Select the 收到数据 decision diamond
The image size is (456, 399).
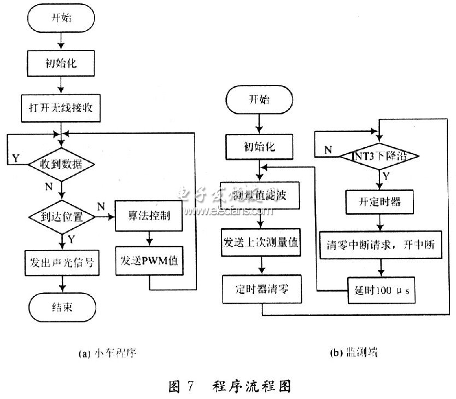[62, 163]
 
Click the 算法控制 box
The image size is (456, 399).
[149, 216]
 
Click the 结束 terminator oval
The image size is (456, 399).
[62, 307]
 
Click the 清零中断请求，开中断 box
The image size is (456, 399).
[381, 246]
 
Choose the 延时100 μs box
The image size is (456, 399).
[380, 290]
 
